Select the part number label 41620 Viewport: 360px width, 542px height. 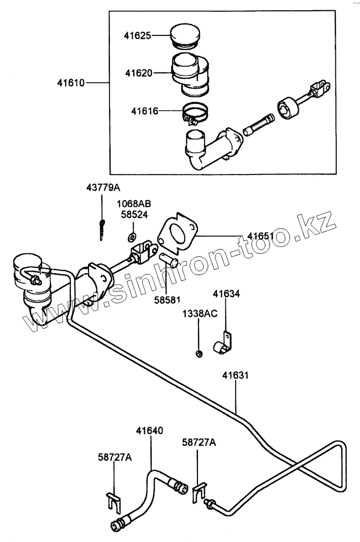[138, 73]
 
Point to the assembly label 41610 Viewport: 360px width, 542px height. [71, 82]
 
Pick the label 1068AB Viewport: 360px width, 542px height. [133, 204]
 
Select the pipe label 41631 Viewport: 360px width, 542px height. [236, 375]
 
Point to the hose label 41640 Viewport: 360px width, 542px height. [150, 430]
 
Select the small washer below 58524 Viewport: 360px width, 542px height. [132, 237]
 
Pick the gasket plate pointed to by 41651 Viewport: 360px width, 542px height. [177, 234]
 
